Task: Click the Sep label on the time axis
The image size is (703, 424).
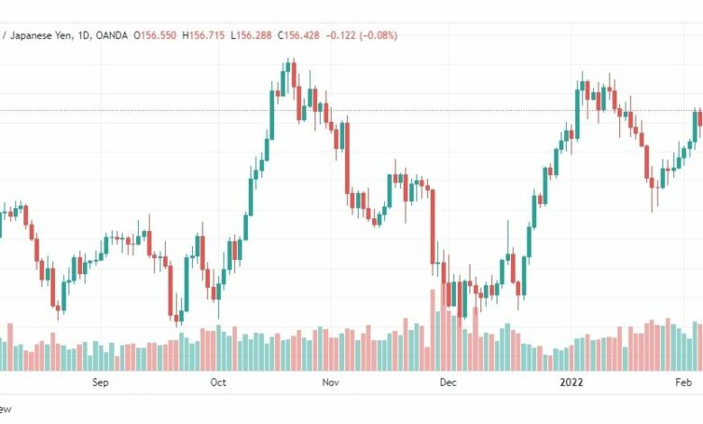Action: (100, 383)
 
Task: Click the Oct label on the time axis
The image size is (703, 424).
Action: (218, 383)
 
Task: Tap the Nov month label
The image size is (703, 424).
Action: (331, 383)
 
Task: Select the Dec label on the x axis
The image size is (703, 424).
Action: (448, 383)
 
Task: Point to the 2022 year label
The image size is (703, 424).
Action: (571, 383)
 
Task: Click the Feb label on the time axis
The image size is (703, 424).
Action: (684, 383)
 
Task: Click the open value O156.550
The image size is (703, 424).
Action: (155, 35)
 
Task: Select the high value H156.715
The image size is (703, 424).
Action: (204, 35)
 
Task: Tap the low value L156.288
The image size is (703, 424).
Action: (251, 35)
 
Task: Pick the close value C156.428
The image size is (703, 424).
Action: (298, 35)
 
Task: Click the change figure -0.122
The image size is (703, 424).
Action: (341, 35)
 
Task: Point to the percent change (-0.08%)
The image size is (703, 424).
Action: (379, 35)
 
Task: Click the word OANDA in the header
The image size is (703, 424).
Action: (112, 35)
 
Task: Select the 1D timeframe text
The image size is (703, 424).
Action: (84, 35)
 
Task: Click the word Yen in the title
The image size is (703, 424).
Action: (62, 35)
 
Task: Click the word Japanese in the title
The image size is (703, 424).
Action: (30, 35)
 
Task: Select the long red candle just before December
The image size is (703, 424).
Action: (433, 226)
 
